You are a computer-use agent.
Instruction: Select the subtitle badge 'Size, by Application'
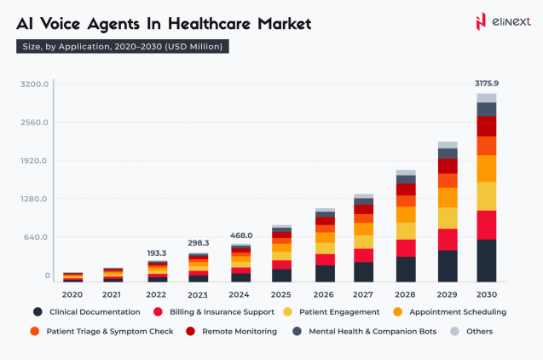pyautogui.click(x=123, y=46)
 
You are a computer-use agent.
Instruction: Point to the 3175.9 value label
pyautogui.click(x=486, y=84)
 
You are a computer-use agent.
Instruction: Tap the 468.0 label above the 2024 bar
pyautogui.click(x=241, y=235)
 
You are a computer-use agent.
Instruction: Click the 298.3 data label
pyautogui.click(x=199, y=243)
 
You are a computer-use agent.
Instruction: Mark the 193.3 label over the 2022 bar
pyautogui.click(x=158, y=253)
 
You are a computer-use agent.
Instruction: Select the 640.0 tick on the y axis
pyautogui.click(x=38, y=237)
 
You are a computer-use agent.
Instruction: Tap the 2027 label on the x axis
pyautogui.click(x=363, y=293)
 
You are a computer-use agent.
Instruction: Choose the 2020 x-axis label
pyautogui.click(x=72, y=293)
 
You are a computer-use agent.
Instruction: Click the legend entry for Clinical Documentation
pyautogui.click(x=86, y=312)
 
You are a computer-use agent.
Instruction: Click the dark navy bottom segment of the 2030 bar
pyautogui.click(x=486, y=260)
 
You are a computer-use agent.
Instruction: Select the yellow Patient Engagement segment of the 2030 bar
pyautogui.click(x=486, y=195)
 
